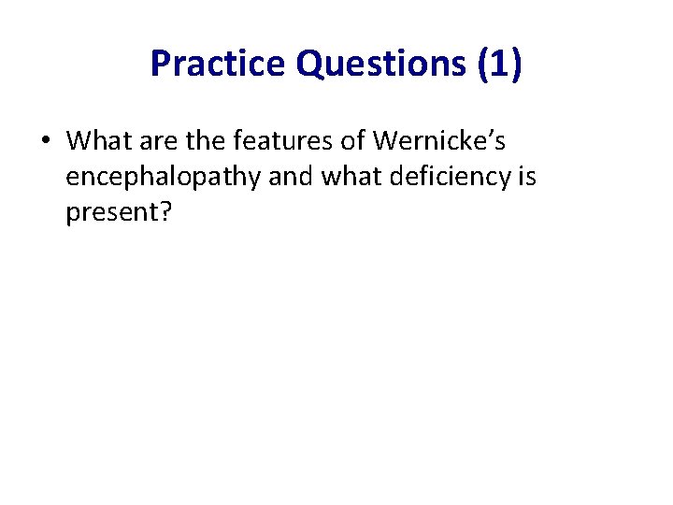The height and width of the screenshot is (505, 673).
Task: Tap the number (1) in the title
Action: click(x=500, y=64)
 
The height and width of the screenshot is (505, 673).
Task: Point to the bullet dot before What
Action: click(x=45, y=142)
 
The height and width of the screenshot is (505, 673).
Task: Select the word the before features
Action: click(x=204, y=141)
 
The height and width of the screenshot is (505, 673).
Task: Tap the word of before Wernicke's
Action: click(x=351, y=141)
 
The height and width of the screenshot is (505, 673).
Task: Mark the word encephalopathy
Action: click(x=163, y=178)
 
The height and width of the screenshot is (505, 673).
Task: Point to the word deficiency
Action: click(x=447, y=177)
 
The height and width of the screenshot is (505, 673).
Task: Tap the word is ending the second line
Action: click(x=526, y=177)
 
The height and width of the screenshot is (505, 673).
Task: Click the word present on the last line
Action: click(x=111, y=213)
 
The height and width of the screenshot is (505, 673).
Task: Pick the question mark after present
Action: click(x=165, y=212)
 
